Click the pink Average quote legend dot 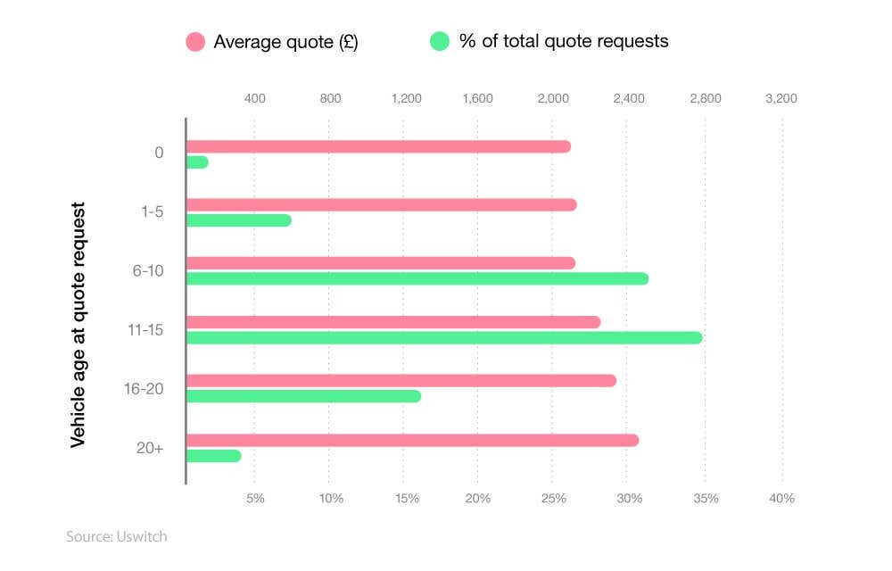coord(195,41)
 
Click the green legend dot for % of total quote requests coord(440,41)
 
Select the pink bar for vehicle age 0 coord(378,146)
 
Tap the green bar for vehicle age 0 coord(197,162)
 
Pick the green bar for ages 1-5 coord(238,220)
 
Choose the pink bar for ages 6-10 coord(381,263)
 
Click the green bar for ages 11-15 coord(444,337)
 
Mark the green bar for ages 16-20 coord(303,396)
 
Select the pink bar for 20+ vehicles coord(412,440)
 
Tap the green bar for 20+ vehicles coord(214,456)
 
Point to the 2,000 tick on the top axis coord(553,98)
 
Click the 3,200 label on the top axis coord(781,98)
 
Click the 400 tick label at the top coord(254,98)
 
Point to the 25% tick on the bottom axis coord(553,498)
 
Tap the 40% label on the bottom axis coord(781,498)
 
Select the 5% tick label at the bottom coord(255,498)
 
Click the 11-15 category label coord(145,330)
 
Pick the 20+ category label coord(150,448)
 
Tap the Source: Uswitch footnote coord(116,536)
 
